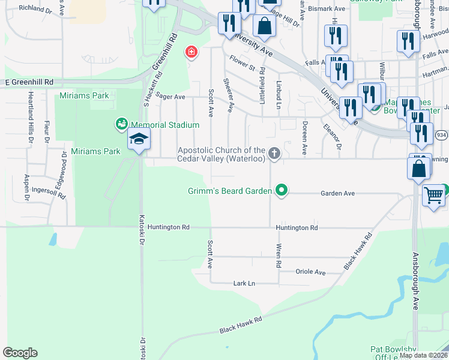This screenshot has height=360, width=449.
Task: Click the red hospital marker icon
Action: (191, 52)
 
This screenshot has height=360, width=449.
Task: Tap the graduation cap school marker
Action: (139, 140)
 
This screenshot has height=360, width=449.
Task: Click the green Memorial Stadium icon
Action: (121, 124)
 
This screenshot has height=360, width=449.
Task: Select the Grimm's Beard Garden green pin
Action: (281, 191)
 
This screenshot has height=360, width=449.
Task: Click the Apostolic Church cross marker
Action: (274, 154)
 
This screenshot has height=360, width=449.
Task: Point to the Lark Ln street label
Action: (244, 283)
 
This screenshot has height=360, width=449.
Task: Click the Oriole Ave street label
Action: (311, 272)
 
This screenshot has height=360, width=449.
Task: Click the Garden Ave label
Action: (338, 194)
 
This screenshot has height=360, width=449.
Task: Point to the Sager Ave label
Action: (170, 96)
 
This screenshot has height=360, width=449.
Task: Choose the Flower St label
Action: (243, 62)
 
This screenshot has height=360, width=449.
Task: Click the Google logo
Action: (20, 353)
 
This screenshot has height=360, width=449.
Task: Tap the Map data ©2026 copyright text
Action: (422, 355)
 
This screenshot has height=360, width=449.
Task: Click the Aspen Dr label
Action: (26, 188)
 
